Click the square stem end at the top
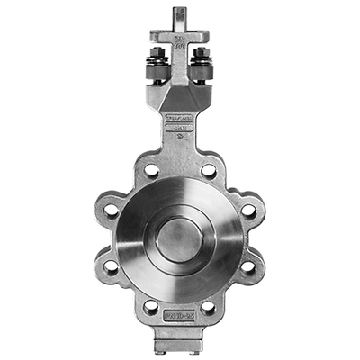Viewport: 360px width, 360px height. [180, 14]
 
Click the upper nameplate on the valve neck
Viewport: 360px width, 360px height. [180, 118]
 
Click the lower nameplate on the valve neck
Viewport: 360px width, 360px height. [180, 130]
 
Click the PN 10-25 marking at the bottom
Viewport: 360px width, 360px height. [180, 317]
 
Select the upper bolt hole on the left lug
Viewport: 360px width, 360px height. [111, 211]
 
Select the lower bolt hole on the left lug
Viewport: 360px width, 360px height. [111, 267]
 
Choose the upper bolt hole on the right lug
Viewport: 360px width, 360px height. [248, 211]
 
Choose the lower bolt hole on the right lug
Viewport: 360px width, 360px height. [248, 267]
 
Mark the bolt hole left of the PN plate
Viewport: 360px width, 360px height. [151, 307]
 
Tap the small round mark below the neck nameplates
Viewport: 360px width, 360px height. [180, 140]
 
